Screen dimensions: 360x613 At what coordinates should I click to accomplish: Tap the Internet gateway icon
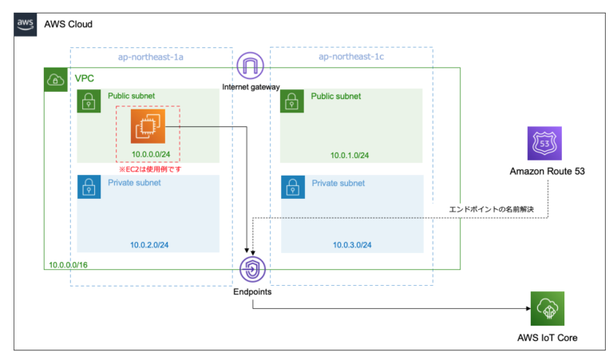point(251,66)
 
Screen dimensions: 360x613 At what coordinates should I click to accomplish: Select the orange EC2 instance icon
point(148,126)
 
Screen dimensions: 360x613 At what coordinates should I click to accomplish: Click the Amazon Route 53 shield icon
point(545,144)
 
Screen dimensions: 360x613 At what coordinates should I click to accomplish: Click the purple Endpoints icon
point(252,270)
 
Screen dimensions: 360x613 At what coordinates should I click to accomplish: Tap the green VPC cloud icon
point(56,80)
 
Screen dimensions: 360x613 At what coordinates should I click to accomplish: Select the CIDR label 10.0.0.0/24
point(148,154)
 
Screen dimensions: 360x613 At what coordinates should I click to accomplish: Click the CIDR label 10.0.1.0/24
point(350,155)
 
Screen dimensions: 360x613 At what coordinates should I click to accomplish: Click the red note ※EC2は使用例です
point(149,170)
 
